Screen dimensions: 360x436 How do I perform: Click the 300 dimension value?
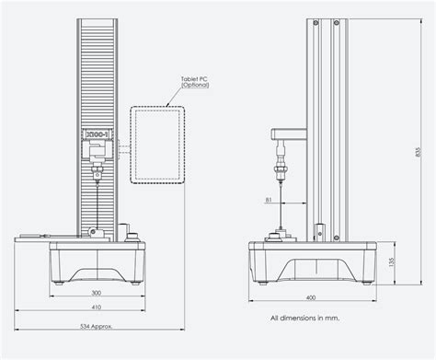point(96,291)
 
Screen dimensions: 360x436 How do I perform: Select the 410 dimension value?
point(96,307)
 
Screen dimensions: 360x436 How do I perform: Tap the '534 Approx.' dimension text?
point(96,325)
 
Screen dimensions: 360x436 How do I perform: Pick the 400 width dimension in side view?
point(312,297)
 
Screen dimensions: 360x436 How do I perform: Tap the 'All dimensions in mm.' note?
point(304,318)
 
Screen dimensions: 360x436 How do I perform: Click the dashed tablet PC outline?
point(157,145)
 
